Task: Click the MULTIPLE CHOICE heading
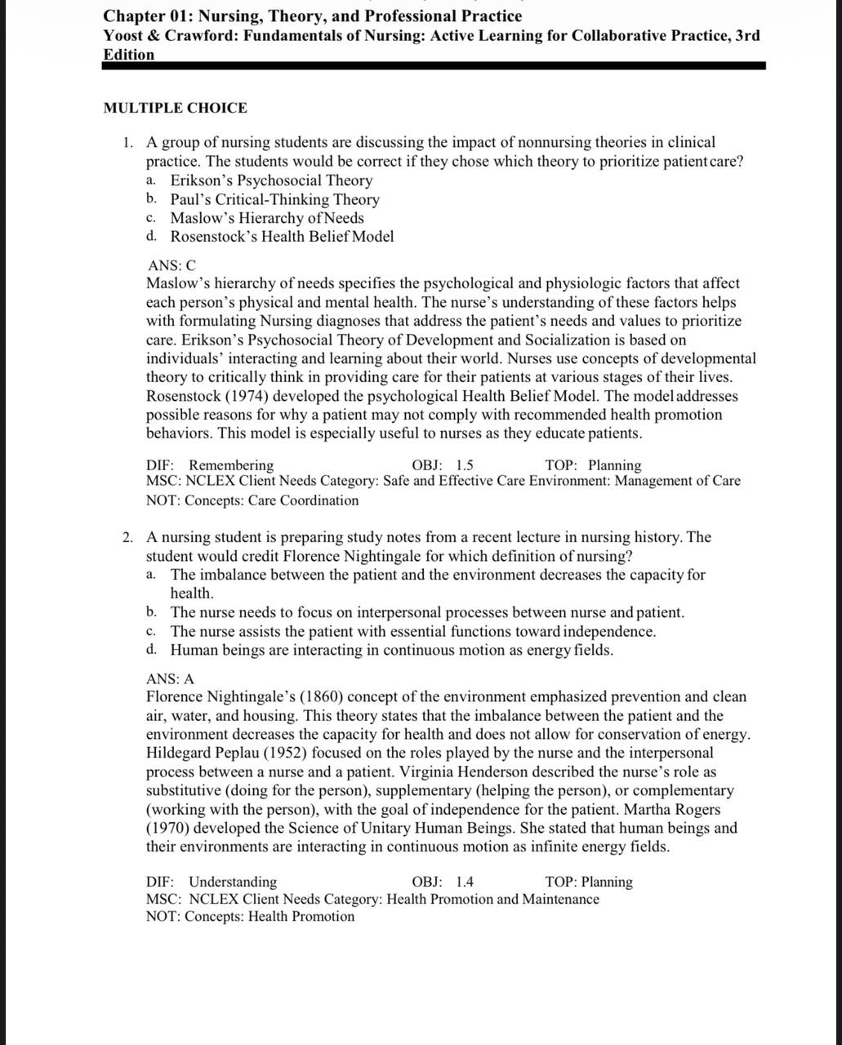pos(175,108)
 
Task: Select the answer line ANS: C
pos(172,265)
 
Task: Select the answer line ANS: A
pos(170,678)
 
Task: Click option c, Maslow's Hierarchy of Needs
pos(267,218)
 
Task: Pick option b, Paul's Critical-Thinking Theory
pos(274,199)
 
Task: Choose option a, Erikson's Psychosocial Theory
pos(271,180)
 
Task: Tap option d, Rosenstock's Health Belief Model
pos(282,237)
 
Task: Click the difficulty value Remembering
pos(231,465)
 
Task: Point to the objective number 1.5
pos(464,465)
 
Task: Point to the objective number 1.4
pos(464,882)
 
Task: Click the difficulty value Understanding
pos(233,882)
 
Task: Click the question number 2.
pos(127,537)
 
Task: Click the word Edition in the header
pos(128,55)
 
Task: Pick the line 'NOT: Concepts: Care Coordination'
pos(252,500)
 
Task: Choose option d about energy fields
pos(391,651)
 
